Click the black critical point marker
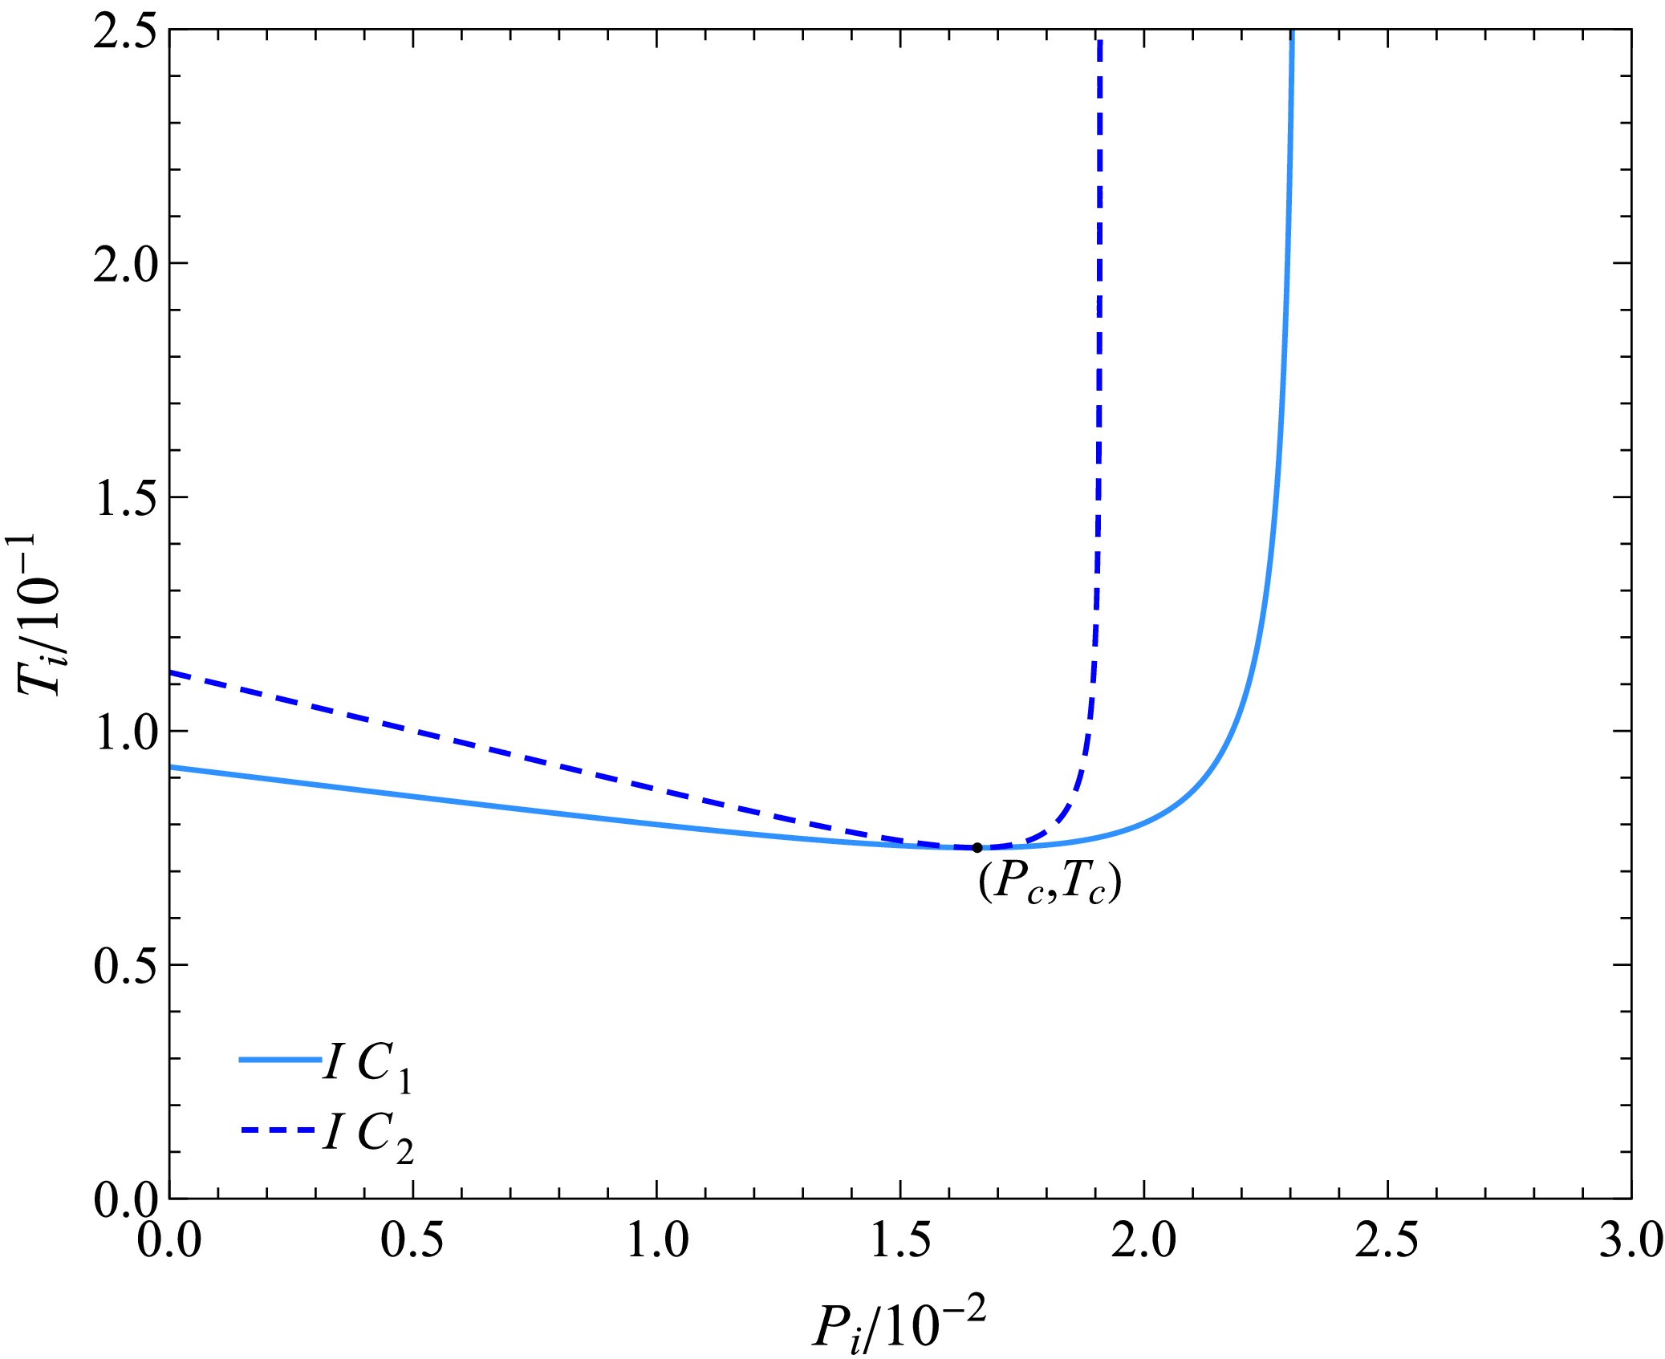[977, 848]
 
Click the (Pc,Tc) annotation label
[1050, 883]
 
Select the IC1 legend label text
[368, 1067]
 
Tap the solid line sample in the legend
[280, 1060]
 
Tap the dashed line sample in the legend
[280, 1130]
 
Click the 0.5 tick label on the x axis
[412, 1240]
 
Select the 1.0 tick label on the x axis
[656, 1240]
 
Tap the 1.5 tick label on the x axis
[900, 1240]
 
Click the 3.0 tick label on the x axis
[1629, 1240]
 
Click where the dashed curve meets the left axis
[171, 672]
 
